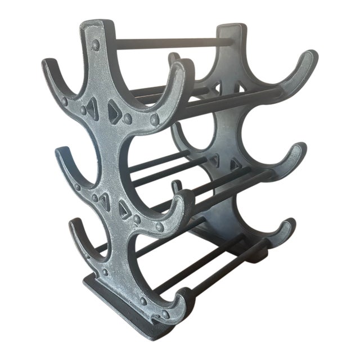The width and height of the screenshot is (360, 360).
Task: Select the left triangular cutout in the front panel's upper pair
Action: click(92, 110)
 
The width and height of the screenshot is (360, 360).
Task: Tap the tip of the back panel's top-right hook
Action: click(310, 55)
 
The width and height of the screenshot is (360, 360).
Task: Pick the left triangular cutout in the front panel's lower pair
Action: click(104, 200)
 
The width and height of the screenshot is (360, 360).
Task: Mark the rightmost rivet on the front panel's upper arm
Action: click(155, 120)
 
